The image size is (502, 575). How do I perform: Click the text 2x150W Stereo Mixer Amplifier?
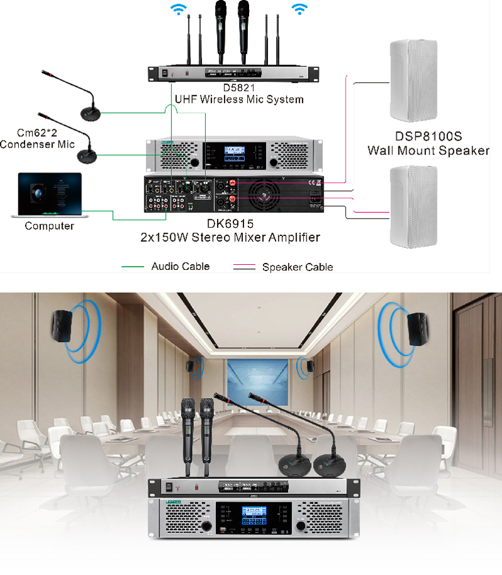(230, 237)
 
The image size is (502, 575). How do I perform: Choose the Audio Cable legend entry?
(181, 266)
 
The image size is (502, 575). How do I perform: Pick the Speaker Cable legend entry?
(297, 267)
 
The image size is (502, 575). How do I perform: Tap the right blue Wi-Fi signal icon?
(300, 8)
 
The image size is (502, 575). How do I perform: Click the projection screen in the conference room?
(255, 383)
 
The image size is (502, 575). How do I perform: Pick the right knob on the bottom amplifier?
(302, 525)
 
